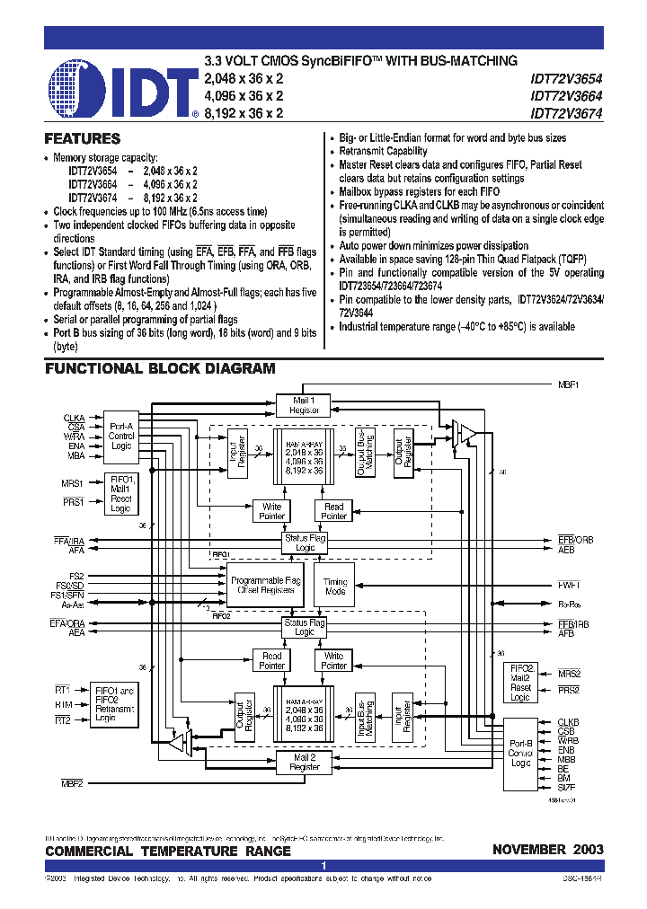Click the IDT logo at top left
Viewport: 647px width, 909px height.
tap(121, 89)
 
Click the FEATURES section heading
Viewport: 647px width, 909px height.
tap(83, 139)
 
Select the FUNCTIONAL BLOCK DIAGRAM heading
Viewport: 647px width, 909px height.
tap(160, 369)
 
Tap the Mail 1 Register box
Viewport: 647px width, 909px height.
tap(303, 405)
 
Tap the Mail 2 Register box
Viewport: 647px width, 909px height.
tap(305, 763)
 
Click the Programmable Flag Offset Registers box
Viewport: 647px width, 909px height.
tap(266, 587)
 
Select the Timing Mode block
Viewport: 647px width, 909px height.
tap(335, 587)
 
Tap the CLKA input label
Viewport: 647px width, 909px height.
tap(74, 418)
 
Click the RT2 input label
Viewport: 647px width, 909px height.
tap(62, 720)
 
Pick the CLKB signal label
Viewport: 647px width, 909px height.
tap(568, 722)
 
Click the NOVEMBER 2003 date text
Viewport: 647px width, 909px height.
tap(547, 850)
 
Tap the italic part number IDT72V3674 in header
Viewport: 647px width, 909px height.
tap(566, 113)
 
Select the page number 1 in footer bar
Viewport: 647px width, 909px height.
tap(323, 865)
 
